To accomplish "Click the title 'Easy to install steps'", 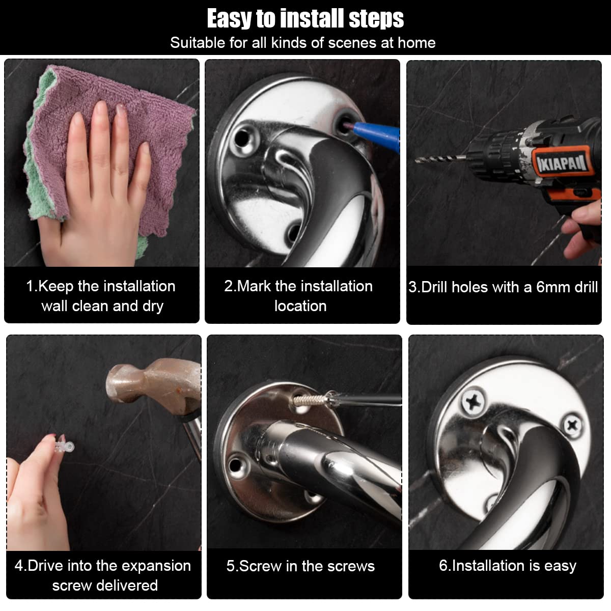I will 305,18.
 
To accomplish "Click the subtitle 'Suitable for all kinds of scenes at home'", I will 302,43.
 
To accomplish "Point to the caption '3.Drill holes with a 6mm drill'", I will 503,287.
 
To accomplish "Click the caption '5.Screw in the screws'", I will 300,566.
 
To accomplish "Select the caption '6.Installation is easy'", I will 507,566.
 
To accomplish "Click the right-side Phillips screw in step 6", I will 572,425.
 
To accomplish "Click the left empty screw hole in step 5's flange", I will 235,465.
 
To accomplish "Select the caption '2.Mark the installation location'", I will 299,296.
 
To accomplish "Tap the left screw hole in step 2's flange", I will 242,137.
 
